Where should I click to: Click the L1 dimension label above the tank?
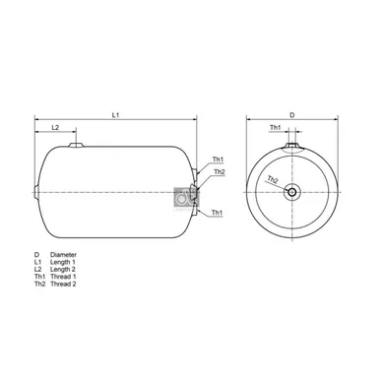tap(115, 115)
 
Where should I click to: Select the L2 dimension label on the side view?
tap(55, 127)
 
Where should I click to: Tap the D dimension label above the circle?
tap(292, 115)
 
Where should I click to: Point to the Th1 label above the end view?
tap(276, 127)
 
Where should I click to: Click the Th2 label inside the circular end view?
tap(273, 179)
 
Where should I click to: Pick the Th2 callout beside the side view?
tap(220, 172)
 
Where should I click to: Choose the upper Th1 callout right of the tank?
tap(218, 159)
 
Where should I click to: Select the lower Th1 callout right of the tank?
tap(217, 213)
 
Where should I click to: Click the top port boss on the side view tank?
tap(76, 145)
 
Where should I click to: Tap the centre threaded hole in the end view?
tap(291, 192)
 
